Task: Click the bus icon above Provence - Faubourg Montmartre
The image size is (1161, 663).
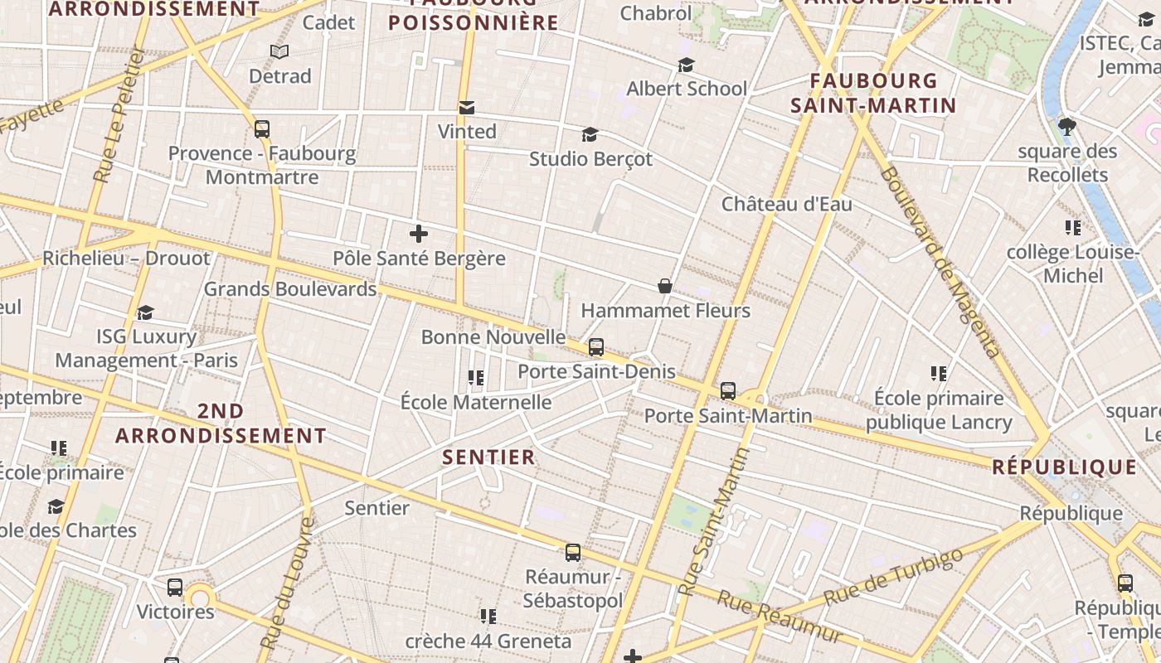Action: (x=262, y=129)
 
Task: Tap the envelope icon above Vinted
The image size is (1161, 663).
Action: (x=467, y=107)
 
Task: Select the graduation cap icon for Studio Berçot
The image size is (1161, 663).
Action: (x=590, y=134)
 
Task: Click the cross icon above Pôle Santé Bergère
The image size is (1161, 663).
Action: (x=419, y=234)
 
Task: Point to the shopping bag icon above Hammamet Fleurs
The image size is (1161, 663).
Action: (x=665, y=287)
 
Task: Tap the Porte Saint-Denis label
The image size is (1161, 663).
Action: (x=596, y=371)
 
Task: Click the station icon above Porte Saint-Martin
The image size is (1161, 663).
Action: (x=728, y=391)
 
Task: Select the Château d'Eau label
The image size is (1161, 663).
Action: (x=786, y=204)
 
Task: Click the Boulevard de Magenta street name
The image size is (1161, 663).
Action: (x=940, y=262)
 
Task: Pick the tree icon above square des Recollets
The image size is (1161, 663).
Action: (x=1067, y=127)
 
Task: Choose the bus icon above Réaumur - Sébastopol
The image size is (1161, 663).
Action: (x=573, y=553)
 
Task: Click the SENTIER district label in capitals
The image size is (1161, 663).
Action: (x=488, y=457)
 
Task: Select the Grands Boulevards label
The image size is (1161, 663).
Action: (x=290, y=289)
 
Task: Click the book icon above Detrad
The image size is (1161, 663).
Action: (x=280, y=52)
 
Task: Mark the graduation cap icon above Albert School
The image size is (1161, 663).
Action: (x=686, y=65)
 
